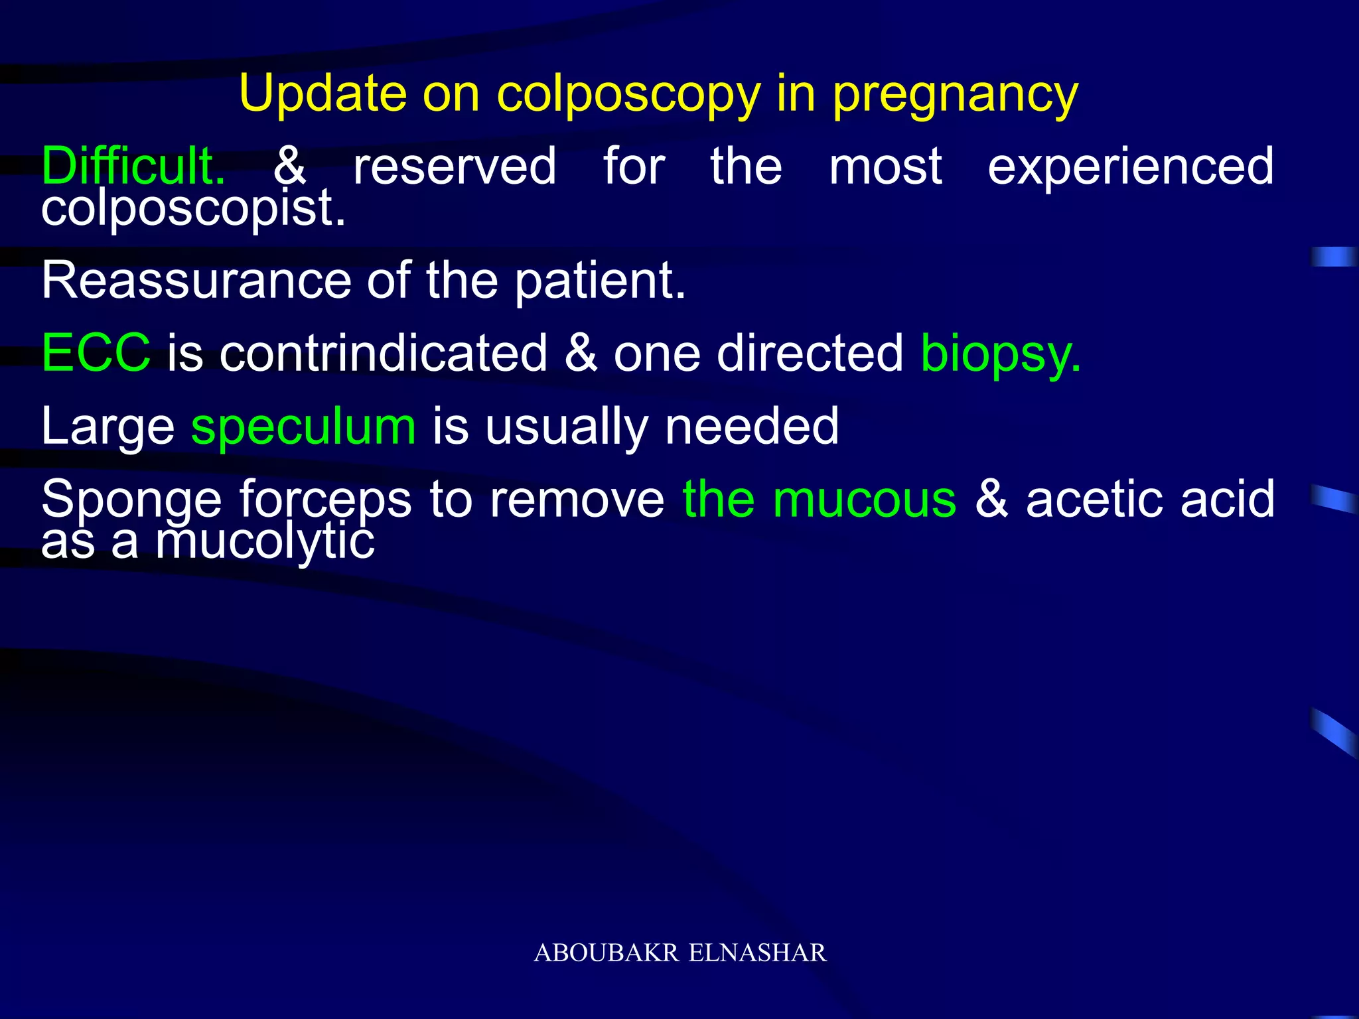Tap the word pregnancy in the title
click(956, 95)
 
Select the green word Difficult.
click(133, 166)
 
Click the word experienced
click(1130, 167)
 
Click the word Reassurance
click(196, 281)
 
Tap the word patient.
click(599, 282)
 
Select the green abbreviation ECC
click(96, 353)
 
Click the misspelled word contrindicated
click(384, 353)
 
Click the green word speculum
click(303, 427)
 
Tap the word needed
click(752, 427)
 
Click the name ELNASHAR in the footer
click(758, 953)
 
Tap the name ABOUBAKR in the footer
click(607, 953)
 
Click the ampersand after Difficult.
click(290, 166)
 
